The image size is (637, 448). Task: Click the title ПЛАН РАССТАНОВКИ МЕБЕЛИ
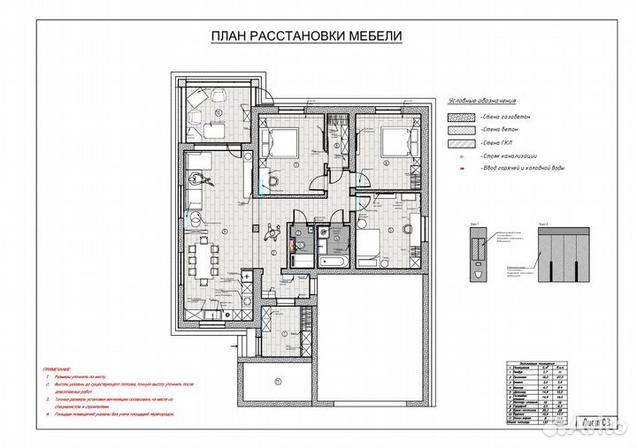click(306, 36)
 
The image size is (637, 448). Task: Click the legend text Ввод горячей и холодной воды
click(523, 167)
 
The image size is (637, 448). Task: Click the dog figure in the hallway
click(272, 232)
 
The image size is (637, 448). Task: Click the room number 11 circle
click(277, 382)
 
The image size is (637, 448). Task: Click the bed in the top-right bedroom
click(393, 140)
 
